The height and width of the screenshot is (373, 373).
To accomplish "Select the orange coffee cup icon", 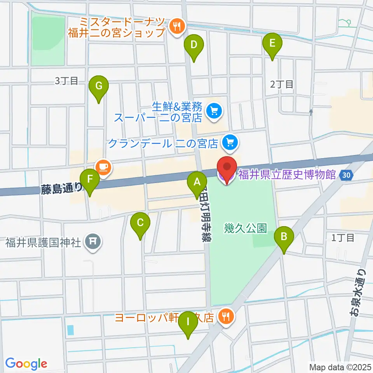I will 103,167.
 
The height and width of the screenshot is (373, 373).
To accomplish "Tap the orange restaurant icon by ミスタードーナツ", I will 178,27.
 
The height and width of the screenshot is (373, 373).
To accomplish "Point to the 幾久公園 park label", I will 246,228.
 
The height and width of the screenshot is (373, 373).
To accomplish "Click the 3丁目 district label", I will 67,81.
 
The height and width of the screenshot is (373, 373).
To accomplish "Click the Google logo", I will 26,363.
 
